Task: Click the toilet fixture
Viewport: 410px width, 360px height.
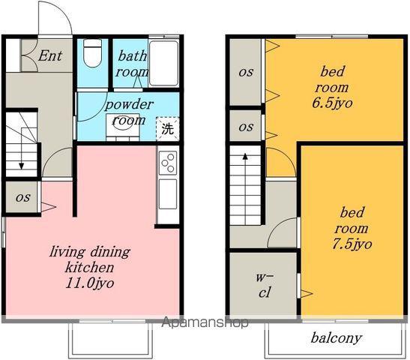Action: pyautogui.click(x=91, y=53)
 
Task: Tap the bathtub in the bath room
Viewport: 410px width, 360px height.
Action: pyautogui.click(x=164, y=63)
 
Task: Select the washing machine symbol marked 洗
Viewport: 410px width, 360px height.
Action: pyautogui.click(x=168, y=128)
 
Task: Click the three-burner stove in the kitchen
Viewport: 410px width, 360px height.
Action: pyautogui.click(x=168, y=163)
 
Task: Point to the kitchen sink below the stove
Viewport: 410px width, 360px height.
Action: pyautogui.click(x=168, y=193)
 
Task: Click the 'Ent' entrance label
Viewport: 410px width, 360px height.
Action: pyautogui.click(x=50, y=55)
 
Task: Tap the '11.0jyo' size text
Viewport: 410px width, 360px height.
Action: pyautogui.click(x=90, y=283)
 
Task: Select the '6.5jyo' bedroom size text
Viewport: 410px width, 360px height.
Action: pyautogui.click(x=332, y=103)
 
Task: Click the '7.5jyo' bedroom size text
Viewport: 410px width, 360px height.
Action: pyautogui.click(x=352, y=244)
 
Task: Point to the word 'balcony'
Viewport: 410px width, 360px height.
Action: pyautogui.click(x=337, y=338)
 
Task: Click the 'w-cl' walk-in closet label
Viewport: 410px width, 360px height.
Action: pyautogui.click(x=265, y=285)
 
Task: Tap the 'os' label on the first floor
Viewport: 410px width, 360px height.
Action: pyautogui.click(x=22, y=197)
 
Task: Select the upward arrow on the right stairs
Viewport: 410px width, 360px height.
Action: pyautogui.click(x=245, y=189)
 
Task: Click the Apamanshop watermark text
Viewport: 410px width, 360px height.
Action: pyautogui.click(x=205, y=322)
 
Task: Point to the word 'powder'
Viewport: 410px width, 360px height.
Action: pyautogui.click(x=129, y=105)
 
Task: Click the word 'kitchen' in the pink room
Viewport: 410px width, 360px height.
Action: pyautogui.click(x=89, y=268)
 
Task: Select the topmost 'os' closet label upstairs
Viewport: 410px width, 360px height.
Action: pyautogui.click(x=246, y=72)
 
